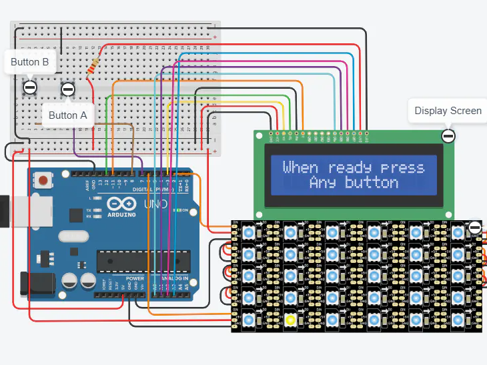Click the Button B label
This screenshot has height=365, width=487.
(30, 62)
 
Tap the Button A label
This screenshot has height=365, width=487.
(68, 115)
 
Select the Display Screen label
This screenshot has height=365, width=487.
(448, 111)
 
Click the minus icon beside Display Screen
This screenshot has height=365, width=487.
(448, 136)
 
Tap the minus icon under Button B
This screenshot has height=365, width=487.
(30, 87)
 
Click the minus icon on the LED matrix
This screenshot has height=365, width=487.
(474, 228)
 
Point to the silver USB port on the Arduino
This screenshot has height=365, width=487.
(5, 210)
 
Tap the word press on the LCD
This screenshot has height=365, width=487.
(402, 167)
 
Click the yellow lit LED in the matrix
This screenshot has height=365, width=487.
(291, 320)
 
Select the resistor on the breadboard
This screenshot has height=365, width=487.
(94, 65)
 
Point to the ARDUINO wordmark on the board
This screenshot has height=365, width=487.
(120, 214)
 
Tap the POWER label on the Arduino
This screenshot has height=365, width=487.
(135, 278)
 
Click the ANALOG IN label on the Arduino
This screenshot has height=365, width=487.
(171, 278)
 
